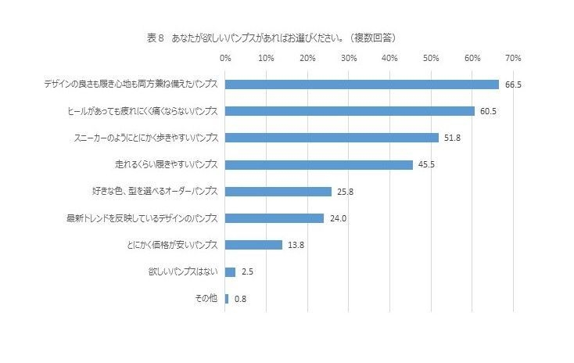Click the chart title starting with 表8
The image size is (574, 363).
(x=270, y=36)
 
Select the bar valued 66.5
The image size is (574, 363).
(x=361, y=84)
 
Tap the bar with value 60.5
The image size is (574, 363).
(x=350, y=111)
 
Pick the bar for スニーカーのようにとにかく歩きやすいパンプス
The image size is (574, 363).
(x=332, y=138)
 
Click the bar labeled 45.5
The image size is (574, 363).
(x=318, y=164)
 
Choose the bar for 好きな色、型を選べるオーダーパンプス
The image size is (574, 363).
(x=278, y=191)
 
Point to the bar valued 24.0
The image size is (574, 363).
(x=274, y=217)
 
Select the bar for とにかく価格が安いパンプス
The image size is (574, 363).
(x=253, y=245)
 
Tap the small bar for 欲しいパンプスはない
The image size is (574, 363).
(x=230, y=271)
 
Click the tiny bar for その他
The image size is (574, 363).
(x=227, y=298)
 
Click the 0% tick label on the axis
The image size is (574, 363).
(x=225, y=59)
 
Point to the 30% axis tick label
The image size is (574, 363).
(x=349, y=59)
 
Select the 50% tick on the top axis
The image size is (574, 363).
(x=431, y=59)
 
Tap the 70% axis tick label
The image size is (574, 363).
(x=513, y=59)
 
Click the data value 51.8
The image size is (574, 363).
(x=452, y=138)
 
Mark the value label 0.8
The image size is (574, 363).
(x=240, y=299)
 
